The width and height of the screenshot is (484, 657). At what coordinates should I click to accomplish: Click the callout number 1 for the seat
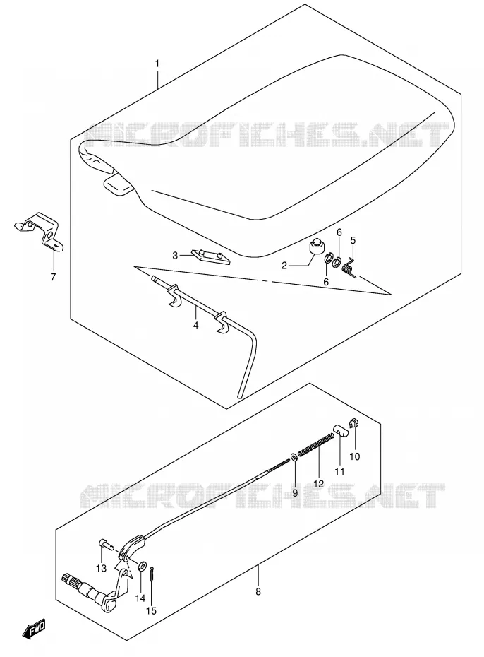(x=157, y=64)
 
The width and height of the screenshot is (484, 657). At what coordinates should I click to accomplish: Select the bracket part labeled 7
(x=39, y=231)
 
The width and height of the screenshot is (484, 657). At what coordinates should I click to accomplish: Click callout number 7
(x=53, y=277)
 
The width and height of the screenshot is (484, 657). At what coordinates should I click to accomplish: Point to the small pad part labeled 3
(x=211, y=256)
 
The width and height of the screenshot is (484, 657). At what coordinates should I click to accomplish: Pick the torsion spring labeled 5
(x=349, y=267)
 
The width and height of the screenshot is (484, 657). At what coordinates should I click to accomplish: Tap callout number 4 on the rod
(x=195, y=325)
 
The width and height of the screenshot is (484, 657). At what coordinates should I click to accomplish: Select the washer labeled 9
(x=294, y=456)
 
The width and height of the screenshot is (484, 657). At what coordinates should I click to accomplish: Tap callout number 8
(x=258, y=591)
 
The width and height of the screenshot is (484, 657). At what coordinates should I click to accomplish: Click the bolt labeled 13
(x=107, y=545)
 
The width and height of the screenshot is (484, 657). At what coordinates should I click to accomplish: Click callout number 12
(x=318, y=483)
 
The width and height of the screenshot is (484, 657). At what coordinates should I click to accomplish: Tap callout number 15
(x=151, y=611)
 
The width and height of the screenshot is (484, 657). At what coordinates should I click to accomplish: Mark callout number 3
(x=175, y=255)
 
